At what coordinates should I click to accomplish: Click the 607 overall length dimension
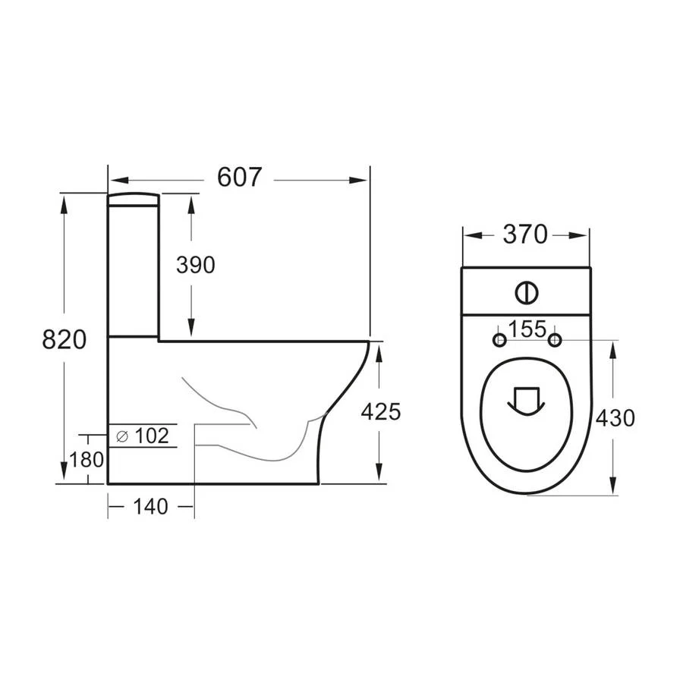pyautogui.click(x=239, y=177)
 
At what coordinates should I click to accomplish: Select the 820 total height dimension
pyautogui.click(x=64, y=339)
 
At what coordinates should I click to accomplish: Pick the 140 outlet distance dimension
pyautogui.click(x=150, y=506)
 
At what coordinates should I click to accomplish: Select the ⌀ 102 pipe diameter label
pyautogui.click(x=143, y=436)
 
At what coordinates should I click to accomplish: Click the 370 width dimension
pyautogui.click(x=524, y=235)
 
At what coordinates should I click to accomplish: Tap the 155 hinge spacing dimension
pyautogui.click(x=527, y=329)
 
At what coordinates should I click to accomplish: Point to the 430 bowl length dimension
pyautogui.click(x=615, y=417)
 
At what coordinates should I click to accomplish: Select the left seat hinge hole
pyautogui.click(x=499, y=339)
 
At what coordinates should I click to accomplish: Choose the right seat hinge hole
pyautogui.click(x=555, y=339)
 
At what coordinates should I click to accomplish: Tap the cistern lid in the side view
pyautogui.click(x=134, y=200)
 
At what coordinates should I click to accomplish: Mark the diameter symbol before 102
pyautogui.click(x=121, y=436)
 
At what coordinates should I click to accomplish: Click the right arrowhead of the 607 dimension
pyautogui.click(x=360, y=180)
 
